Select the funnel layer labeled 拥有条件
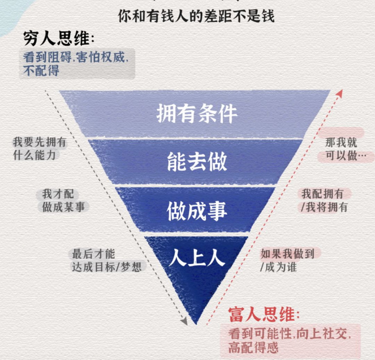tap(197, 114)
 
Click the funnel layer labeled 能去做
tap(197, 162)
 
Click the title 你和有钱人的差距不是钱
tap(196, 15)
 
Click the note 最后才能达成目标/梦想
tap(106, 260)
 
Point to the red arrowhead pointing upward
tap(340, 93)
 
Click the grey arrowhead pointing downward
tap(184, 322)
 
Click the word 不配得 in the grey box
tap(41, 71)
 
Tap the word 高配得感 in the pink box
tap(253, 347)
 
